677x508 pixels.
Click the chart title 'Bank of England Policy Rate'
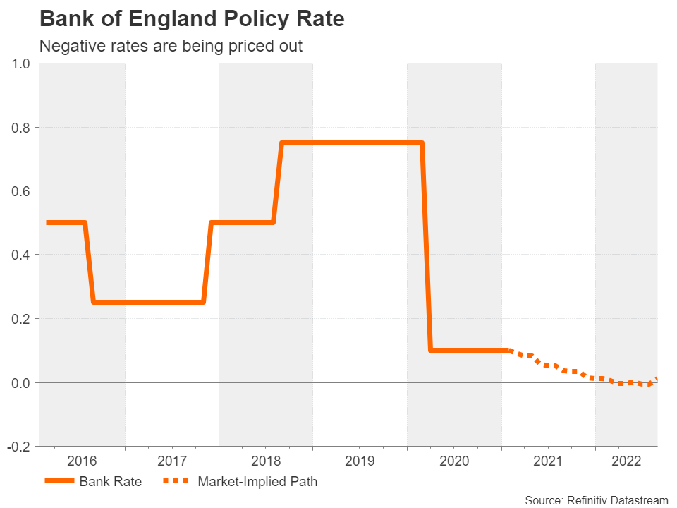pos(192,19)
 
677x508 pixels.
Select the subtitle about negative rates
pos(171,47)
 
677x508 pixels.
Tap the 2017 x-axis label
pos(172,462)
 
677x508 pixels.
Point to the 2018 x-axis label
pos(266,462)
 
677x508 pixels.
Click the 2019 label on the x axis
pos(360,462)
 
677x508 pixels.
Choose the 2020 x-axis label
pos(454,462)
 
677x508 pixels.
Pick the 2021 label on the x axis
pos(548,462)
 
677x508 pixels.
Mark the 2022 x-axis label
pos(626,462)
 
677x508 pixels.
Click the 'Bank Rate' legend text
pos(111,483)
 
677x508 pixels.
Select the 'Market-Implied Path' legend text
pos(257,483)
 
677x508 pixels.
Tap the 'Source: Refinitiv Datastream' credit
pos(596,500)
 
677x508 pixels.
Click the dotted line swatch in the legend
pos(176,483)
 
